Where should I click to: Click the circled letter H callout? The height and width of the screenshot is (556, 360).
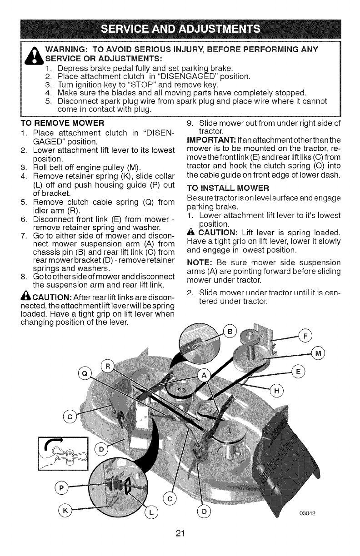coord(276,390)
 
